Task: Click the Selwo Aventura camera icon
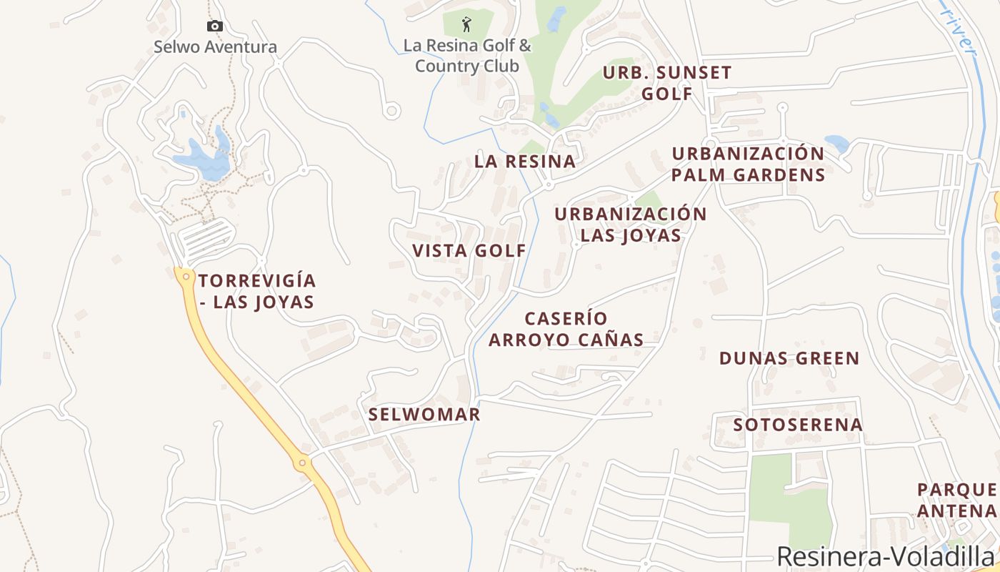click(214, 26)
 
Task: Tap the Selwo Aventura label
click(215, 47)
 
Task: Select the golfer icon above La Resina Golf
click(466, 24)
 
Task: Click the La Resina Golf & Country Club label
click(467, 56)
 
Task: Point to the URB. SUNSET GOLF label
click(667, 83)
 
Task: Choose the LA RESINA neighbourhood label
click(525, 162)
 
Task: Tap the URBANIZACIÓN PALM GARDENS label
click(748, 164)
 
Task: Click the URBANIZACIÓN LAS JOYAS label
click(631, 225)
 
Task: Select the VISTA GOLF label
click(469, 251)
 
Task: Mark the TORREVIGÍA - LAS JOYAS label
click(257, 291)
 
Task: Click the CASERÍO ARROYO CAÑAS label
click(566, 329)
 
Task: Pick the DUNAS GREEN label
click(789, 358)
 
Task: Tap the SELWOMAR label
click(424, 415)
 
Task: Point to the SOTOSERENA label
click(798, 425)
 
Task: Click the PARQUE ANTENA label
click(957, 500)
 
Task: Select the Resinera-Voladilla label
click(885, 556)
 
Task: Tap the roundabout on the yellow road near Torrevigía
click(186, 276)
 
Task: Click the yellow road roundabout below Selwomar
click(303, 463)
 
